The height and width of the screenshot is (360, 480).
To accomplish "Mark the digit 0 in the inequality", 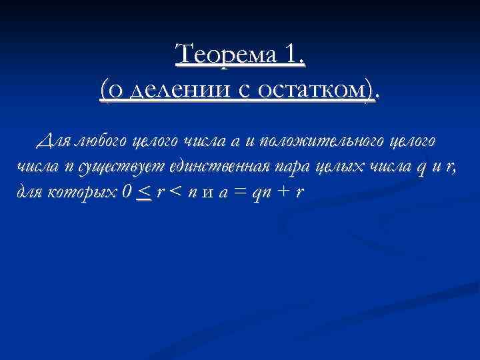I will [127, 192].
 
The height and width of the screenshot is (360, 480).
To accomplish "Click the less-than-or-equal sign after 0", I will [143, 192].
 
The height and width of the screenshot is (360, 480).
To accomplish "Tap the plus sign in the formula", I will [285, 192].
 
